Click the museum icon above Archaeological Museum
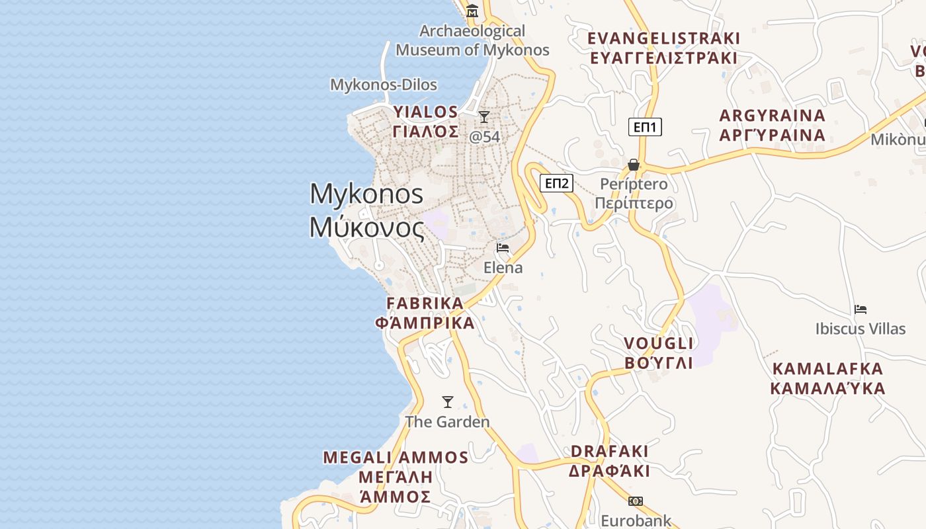pyautogui.click(x=472, y=11)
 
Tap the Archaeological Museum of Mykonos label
pyautogui.click(x=472, y=40)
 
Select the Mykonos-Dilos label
pyautogui.click(x=384, y=85)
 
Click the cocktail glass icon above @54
pyautogui.click(x=484, y=117)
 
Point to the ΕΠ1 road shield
pyautogui.click(x=645, y=127)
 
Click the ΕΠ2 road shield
pyautogui.click(x=556, y=183)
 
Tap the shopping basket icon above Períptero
pyautogui.click(x=634, y=165)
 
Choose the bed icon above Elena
pyautogui.click(x=503, y=248)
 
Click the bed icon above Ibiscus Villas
pyautogui.click(x=861, y=309)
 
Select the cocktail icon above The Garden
pyautogui.click(x=448, y=402)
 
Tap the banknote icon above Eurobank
pyautogui.click(x=636, y=501)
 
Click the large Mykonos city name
pyautogui.click(x=367, y=210)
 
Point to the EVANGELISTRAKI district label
pyautogui.click(x=663, y=48)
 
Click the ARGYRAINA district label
pyautogui.click(x=773, y=125)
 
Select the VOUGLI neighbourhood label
pyautogui.click(x=659, y=352)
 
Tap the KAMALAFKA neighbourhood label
pyautogui.click(x=827, y=378)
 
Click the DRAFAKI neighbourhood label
pyautogui.click(x=610, y=461)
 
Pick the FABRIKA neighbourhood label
pyautogui.click(x=425, y=313)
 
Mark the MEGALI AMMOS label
pyautogui.click(x=396, y=477)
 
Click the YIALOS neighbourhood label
pyautogui.click(x=426, y=121)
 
